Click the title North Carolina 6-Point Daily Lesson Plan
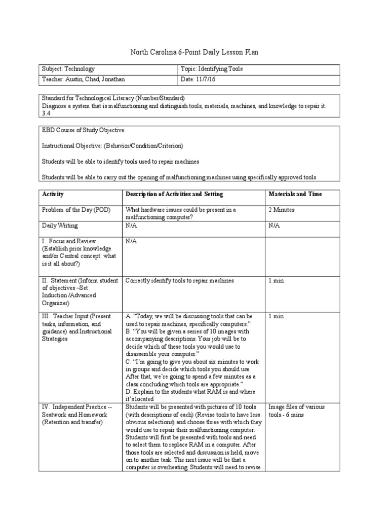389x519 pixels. coord(194,52)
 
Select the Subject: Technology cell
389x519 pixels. coord(68,69)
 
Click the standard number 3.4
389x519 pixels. coord(46,114)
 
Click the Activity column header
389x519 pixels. coord(53,194)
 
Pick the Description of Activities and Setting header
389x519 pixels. coord(174,194)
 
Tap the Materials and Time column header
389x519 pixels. coord(295,194)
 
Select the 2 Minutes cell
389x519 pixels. coord(281,209)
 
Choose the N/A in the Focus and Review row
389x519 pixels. coord(131,241)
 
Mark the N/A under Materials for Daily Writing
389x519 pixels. coord(274,226)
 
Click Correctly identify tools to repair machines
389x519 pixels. coord(179,281)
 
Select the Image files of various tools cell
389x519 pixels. coord(296,411)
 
